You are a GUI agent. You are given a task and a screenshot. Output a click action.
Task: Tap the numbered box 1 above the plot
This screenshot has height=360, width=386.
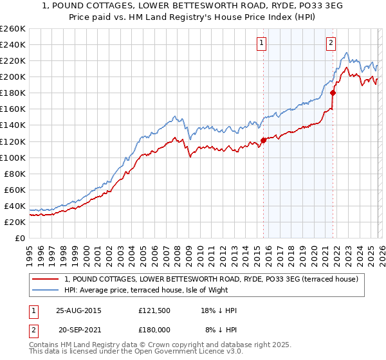(262, 43)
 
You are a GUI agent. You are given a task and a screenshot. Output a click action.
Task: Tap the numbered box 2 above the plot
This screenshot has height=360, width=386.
(331, 43)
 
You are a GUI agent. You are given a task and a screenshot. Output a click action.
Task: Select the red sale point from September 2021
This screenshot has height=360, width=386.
(333, 93)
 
